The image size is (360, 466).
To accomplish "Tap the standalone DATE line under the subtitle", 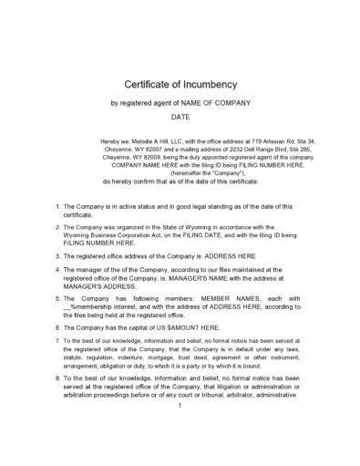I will coord(180,118).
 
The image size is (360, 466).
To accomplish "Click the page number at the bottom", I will coord(180,430).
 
